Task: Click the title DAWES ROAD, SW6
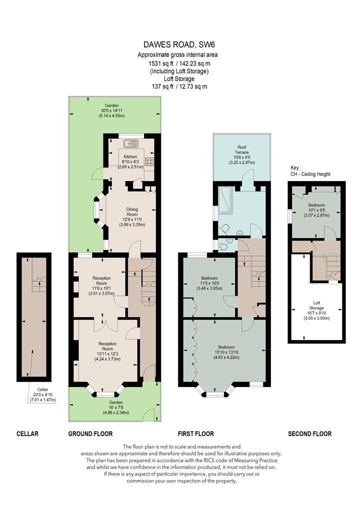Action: [179, 44]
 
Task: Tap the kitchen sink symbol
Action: [130, 144]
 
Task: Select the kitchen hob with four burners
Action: [149, 161]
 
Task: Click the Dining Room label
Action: [132, 212]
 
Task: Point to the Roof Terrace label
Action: [242, 149]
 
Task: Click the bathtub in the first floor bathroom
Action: [225, 199]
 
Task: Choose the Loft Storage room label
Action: [316, 305]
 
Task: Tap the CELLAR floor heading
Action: [27, 434]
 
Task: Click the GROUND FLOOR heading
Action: [90, 434]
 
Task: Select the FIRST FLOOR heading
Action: [196, 434]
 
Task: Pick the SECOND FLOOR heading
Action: [310, 434]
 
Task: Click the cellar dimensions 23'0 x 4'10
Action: [42, 395]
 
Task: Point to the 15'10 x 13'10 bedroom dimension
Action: [226, 352]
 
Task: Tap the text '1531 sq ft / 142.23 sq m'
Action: [179, 63]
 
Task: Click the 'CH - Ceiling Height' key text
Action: [310, 174]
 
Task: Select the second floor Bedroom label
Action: [316, 205]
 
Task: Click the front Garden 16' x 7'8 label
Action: [116, 407]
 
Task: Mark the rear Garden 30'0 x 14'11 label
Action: [111, 110]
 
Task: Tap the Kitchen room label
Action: [130, 156]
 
